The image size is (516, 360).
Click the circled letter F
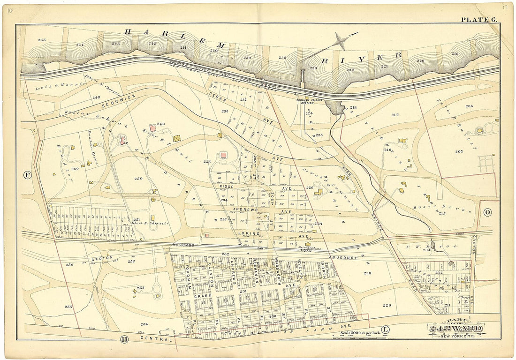(x=27, y=175)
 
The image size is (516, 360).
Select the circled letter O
(x=487, y=212)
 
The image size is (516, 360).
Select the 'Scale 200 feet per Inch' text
(x=358, y=332)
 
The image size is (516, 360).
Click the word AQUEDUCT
(x=344, y=257)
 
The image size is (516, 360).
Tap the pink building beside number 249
(x=152, y=128)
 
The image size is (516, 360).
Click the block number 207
(x=458, y=151)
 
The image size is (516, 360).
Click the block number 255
(x=68, y=307)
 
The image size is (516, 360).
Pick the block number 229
(x=387, y=305)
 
